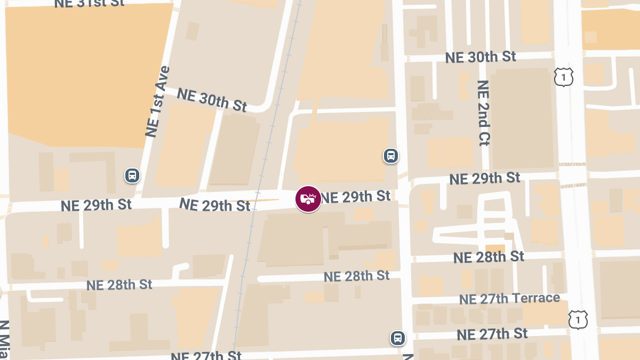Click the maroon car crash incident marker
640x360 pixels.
click(x=308, y=199)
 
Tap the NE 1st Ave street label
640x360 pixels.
click(x=157, y=101)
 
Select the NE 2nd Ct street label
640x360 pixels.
click(x=483, y=113)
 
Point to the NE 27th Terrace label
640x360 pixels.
click(x=509, y=299)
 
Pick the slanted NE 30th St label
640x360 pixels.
click(x=212, y=100)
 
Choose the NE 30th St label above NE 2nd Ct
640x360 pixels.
click(x=481, y=57)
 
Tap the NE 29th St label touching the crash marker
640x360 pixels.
click(x=356, y=197)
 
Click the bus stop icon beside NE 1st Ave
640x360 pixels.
click(x=132, y=175)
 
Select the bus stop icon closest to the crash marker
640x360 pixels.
click(x=391, y=156)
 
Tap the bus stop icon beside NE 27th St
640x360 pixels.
click(x=397, y=338)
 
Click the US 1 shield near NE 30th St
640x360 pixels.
click(x=563, y=77)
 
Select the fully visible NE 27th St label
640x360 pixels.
click(x=492, y=334)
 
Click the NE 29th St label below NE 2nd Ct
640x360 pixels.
click(x=484, y=179)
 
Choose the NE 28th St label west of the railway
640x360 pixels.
click(x=119, y=284)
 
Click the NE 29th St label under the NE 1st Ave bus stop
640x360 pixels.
click(x=96, y=205)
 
